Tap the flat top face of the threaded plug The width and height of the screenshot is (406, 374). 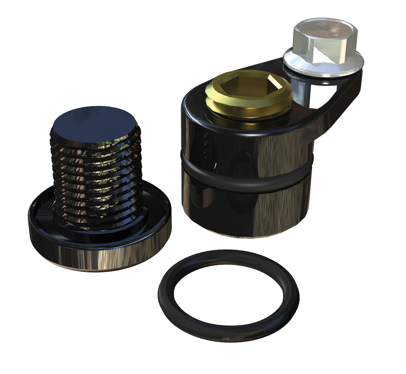point(94,121)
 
